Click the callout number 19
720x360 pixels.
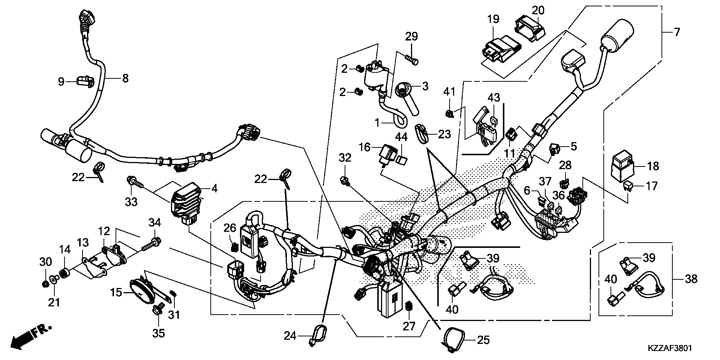point(493,19)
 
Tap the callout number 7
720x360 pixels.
point(676,32)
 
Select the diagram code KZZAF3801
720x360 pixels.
point(669,348)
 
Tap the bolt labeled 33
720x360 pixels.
point(135,183)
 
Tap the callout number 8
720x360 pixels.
point(125,78)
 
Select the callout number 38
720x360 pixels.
point(691,279)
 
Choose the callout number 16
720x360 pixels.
point(366,147)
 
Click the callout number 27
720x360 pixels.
point(409,326)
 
